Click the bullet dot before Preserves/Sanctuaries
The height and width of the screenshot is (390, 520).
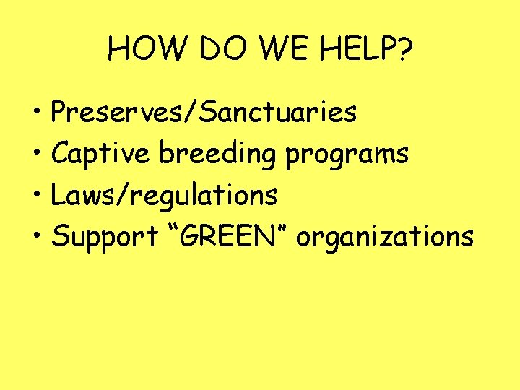point(35,113)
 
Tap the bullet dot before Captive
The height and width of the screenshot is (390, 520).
point(35,155)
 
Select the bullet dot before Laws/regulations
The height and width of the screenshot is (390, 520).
point(35,196)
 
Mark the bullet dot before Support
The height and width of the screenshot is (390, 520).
point(35,237)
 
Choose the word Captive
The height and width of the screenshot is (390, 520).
point(102,153)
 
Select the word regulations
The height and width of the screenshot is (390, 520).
point(199,196)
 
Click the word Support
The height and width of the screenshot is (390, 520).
point(105,237)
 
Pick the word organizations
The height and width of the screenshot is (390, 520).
point(385,237)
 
